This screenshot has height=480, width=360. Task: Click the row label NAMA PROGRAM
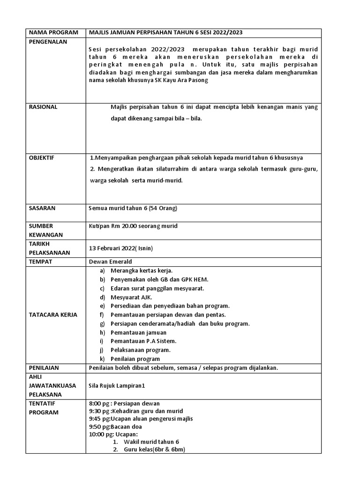49,32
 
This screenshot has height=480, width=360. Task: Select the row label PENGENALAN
48,42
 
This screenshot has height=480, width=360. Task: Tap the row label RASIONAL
43,107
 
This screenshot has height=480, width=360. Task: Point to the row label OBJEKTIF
42,157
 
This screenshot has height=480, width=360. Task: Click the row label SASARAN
42,208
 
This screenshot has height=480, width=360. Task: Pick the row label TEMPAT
40,262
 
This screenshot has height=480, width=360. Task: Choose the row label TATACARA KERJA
53,315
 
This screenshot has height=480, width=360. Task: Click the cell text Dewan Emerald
110,262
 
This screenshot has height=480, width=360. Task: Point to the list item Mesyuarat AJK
131,297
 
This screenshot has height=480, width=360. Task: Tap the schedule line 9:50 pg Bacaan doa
115,427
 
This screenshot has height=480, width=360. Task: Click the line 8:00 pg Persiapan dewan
124,404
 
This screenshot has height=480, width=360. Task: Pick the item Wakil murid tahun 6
151,442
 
